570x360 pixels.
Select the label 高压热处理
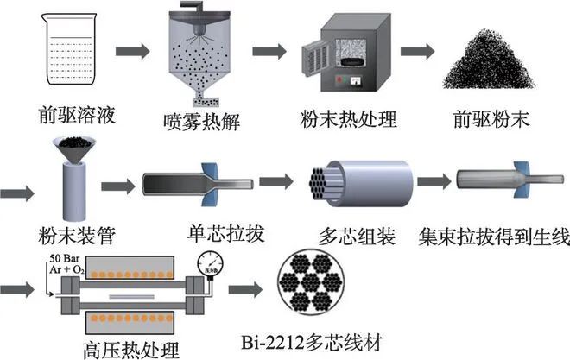point(139,349)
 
